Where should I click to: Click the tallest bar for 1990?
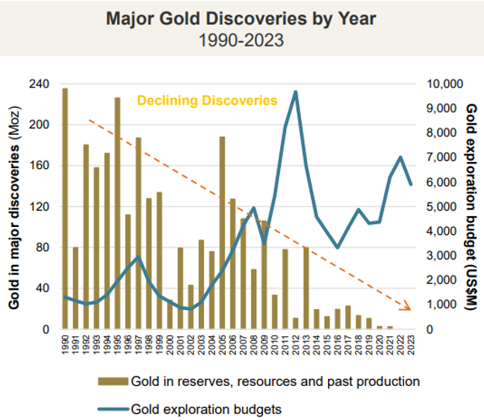[65, 209]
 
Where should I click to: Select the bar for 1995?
[117, 214]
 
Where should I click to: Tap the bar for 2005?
[223, 232]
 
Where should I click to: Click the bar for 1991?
[75, 288]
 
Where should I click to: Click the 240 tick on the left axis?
[38, 84]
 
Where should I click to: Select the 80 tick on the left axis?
[41, 248]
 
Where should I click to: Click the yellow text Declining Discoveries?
[207, 101]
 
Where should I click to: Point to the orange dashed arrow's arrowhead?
[409, 307]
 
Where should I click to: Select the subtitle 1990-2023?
[241, 40]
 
